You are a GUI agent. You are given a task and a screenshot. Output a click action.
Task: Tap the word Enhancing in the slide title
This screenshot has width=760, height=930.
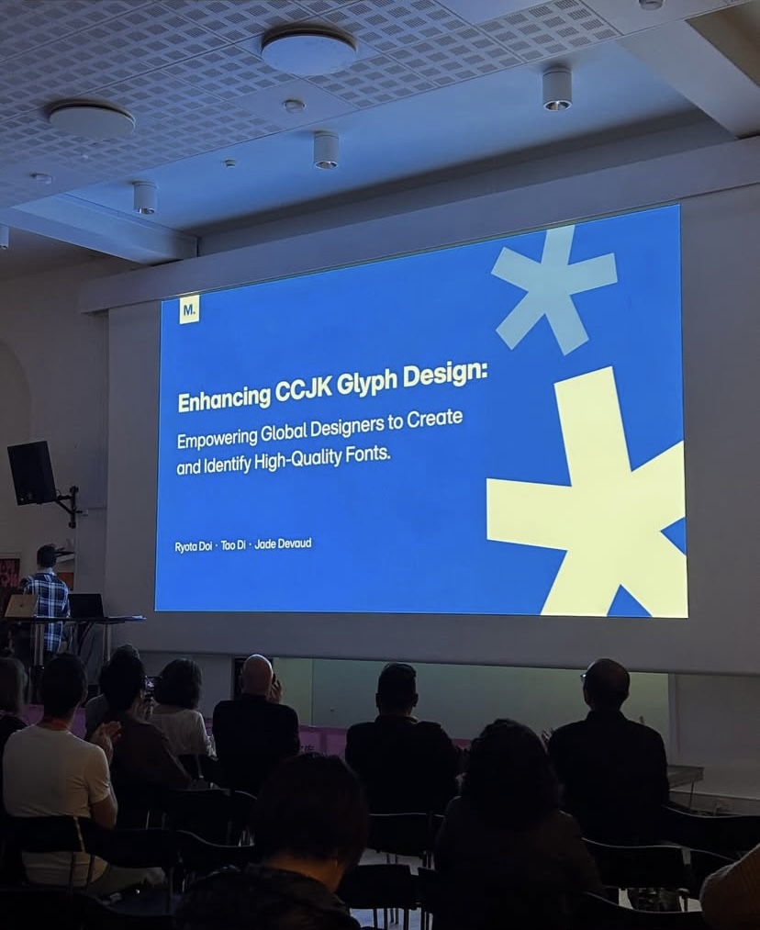224,398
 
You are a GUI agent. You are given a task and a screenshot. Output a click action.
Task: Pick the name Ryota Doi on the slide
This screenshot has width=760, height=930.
194,546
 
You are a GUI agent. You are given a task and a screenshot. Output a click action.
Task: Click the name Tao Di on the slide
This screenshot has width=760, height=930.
233,544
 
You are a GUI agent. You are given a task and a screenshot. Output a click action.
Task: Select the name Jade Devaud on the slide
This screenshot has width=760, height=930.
283,543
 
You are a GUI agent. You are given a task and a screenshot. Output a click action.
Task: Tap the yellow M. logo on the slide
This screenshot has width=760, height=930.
189,309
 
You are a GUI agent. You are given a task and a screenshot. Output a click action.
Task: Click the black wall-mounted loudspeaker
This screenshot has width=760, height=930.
32,473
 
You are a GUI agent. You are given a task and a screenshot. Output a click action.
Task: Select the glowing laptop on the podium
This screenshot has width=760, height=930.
21,606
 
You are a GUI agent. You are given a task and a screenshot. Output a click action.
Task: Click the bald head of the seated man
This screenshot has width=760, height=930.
258,675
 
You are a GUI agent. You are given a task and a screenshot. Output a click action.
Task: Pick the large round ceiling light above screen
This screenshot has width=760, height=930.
308,49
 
